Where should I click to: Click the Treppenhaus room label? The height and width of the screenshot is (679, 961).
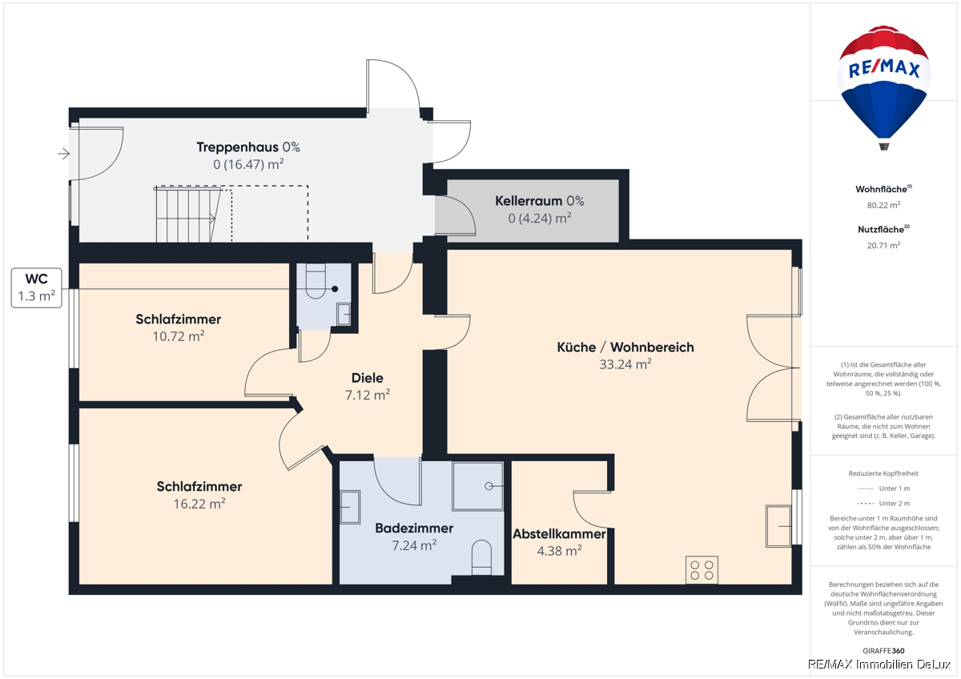pyautogui.click(x=237, y=147)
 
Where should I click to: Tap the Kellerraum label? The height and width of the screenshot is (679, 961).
pyautogui.click(x=529, y=201)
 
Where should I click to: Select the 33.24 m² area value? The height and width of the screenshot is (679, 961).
pyautogui.click(x=625, y=364)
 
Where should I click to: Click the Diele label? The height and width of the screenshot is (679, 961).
pyautogui.click(x=368, y=378)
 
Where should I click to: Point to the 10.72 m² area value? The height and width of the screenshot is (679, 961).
pyautogui.click(x=179, y=335)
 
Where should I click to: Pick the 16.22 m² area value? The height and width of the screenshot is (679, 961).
pyautogui.click(x=199, y=503)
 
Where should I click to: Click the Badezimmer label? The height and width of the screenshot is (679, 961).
pyautogui.click(x=414, y=528)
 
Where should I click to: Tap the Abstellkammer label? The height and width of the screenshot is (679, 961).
pyautogui.click(x=560, y=534)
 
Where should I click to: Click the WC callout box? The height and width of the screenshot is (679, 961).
pyautogui.click(x=37, y=287)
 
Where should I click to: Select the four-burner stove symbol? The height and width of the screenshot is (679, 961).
pyautogui.click(x=702, y=570)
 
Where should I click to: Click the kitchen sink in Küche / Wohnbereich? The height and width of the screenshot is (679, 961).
pyautogui.click(x=778, y=526)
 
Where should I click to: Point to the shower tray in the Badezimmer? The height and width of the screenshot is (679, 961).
pyautogui.click(x=477, y=486)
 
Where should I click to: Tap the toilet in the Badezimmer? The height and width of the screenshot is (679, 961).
pyautogui.click(x=481, y=557)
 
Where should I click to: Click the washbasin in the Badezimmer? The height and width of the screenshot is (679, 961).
pyautogui.click(x=350, y=508)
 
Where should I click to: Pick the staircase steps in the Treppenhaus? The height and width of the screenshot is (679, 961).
pyautogui.click(x=188, y=214)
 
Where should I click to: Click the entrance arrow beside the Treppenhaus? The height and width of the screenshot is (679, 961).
pyautogui.click(x=63, y=153)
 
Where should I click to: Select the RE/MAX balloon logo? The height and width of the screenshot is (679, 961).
pyautogui.click(x=884, y=87)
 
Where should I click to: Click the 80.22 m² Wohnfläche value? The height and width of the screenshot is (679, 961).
pyautogui.click(x=883, y=205)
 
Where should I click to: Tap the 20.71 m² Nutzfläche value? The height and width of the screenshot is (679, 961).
pyautogui.click(x=883, y=245)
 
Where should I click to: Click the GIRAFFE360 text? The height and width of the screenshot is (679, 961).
pyautogui.click(x=883, y=651)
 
